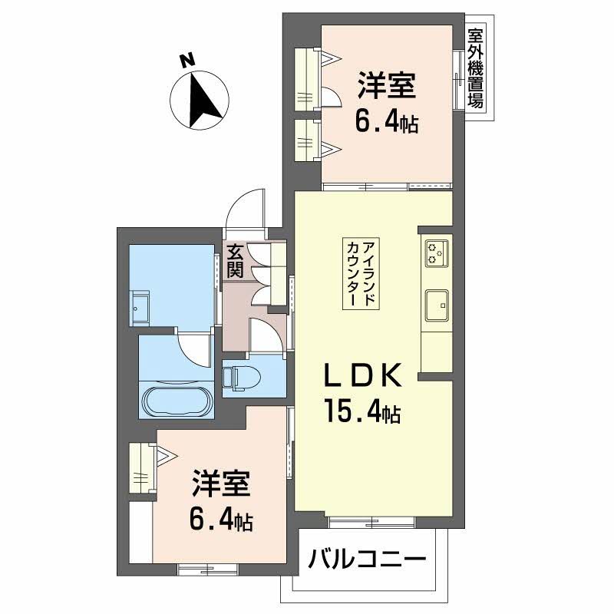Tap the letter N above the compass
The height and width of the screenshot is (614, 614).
pos(184,61)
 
